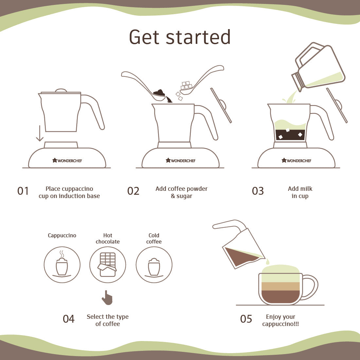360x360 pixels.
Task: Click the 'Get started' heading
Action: pyautogui.click(x=180, y=37)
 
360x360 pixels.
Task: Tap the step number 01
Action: pyautogui.click(x=23, y=191)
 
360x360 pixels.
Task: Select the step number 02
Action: pyautogui.click(x=133, y=191)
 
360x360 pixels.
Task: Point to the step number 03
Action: pyautogui.click(x=258, y=191)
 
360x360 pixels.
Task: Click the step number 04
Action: pyautogui.click(x=69, y=319)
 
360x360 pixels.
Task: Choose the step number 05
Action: pyautogui.click(x=246, y=319)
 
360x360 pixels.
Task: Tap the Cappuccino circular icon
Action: pyautogui.click(x=62, y=265)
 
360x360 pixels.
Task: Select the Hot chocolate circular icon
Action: pyautogui.click(x=108, y=265)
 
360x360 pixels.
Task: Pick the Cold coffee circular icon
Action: pyautogui.click(x=154, y=265)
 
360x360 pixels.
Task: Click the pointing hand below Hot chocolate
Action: pyautogui.click(x=107, y=298)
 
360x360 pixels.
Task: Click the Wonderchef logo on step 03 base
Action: pyautogui.click(x=297, y=160)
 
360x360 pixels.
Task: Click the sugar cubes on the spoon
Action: pyautogui.click(x=186, y=86)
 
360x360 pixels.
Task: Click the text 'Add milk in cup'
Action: pyautogui.click(x=300, y=192)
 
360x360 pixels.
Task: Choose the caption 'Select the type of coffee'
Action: pyautogui.click(x=108, y=320)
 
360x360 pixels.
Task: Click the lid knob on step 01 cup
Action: pyautogui.click(x=61, y=90)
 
